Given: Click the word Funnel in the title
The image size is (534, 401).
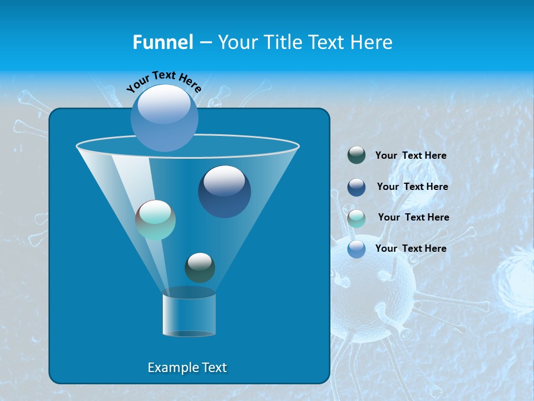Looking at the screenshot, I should pyautogui.click(x=163, y=42).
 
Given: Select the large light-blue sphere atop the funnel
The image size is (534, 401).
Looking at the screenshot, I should pyautogui.click(x=165, y=118).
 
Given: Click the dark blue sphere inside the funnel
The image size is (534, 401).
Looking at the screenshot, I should pyautogui.click(x=225, y=192).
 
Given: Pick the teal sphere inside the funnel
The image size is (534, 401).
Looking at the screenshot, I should pyautogui.click(x=156, y=220).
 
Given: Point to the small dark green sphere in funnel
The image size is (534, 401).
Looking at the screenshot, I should pyautogui.click(x=200, y=267).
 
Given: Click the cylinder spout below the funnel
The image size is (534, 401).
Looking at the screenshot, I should pyautogui.click(x=189, y=315).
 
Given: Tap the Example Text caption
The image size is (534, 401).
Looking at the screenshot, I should pyautogui.click(x=187, y=368).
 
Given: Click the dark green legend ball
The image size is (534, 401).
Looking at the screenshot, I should pyautogui.click(x=357, y=155).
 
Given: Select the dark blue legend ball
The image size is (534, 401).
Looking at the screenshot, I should pyautogui.click(x=357, y=187).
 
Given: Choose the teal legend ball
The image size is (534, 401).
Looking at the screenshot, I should pyautogui.click(x=357, y=218).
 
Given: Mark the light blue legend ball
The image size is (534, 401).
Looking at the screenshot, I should pyautogui.click(x=357, y=249).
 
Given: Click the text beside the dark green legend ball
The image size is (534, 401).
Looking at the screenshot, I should pyautogui.click(x=411, y=156).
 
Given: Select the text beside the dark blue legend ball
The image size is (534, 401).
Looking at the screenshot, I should pyautogui.click(x=412, y=187).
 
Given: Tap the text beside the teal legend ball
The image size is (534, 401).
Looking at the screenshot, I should pyautogui.click(x=413, y=218).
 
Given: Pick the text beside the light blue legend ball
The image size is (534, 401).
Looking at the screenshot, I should pyautogui.click(x=411, y=249).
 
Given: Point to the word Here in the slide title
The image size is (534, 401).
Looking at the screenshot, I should pyautogui.click(x=372, y=42).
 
